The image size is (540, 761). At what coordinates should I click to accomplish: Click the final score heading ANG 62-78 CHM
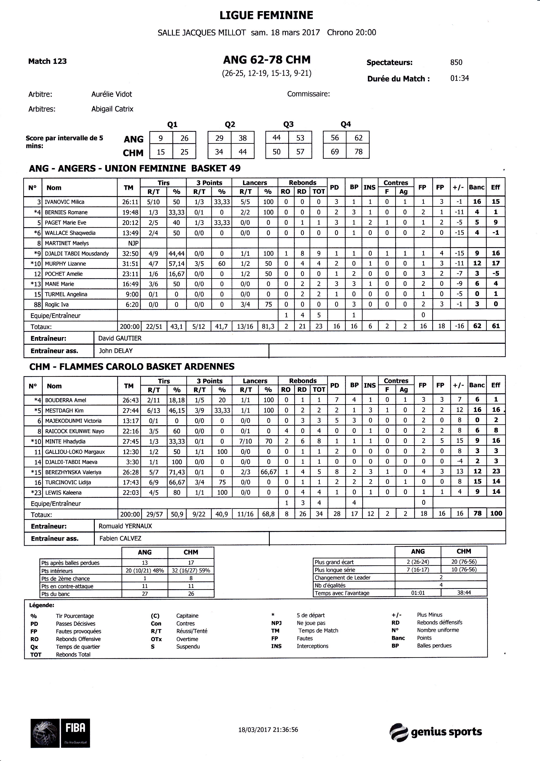click(267, 60)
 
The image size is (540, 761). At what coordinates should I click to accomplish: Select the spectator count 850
click(456, 63)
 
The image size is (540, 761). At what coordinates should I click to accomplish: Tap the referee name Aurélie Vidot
click(112, 94)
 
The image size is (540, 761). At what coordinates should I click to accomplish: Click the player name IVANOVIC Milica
click(65, 202)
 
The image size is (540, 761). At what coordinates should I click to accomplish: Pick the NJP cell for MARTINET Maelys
click(129, 243)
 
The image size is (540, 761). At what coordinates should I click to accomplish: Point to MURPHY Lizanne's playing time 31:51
click(129, 264)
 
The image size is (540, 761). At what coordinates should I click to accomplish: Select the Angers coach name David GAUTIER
click(120, 338)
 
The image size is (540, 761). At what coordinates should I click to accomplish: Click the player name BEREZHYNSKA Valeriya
click(73, 472)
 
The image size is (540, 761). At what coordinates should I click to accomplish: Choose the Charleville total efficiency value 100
click(496, 513)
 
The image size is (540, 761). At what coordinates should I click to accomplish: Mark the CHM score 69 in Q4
click(335, 152)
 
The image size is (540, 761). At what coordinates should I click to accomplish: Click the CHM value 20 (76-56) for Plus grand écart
click(464, 562)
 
